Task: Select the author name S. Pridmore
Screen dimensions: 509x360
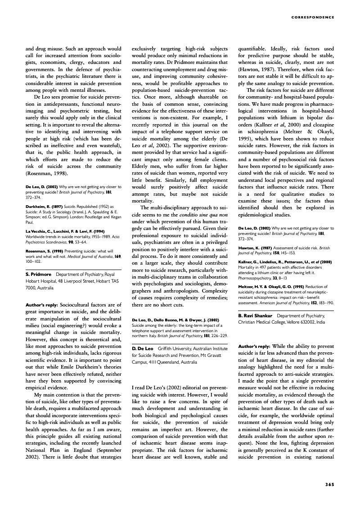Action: [38, 274]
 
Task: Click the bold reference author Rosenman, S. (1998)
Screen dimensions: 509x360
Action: [45, 251]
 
